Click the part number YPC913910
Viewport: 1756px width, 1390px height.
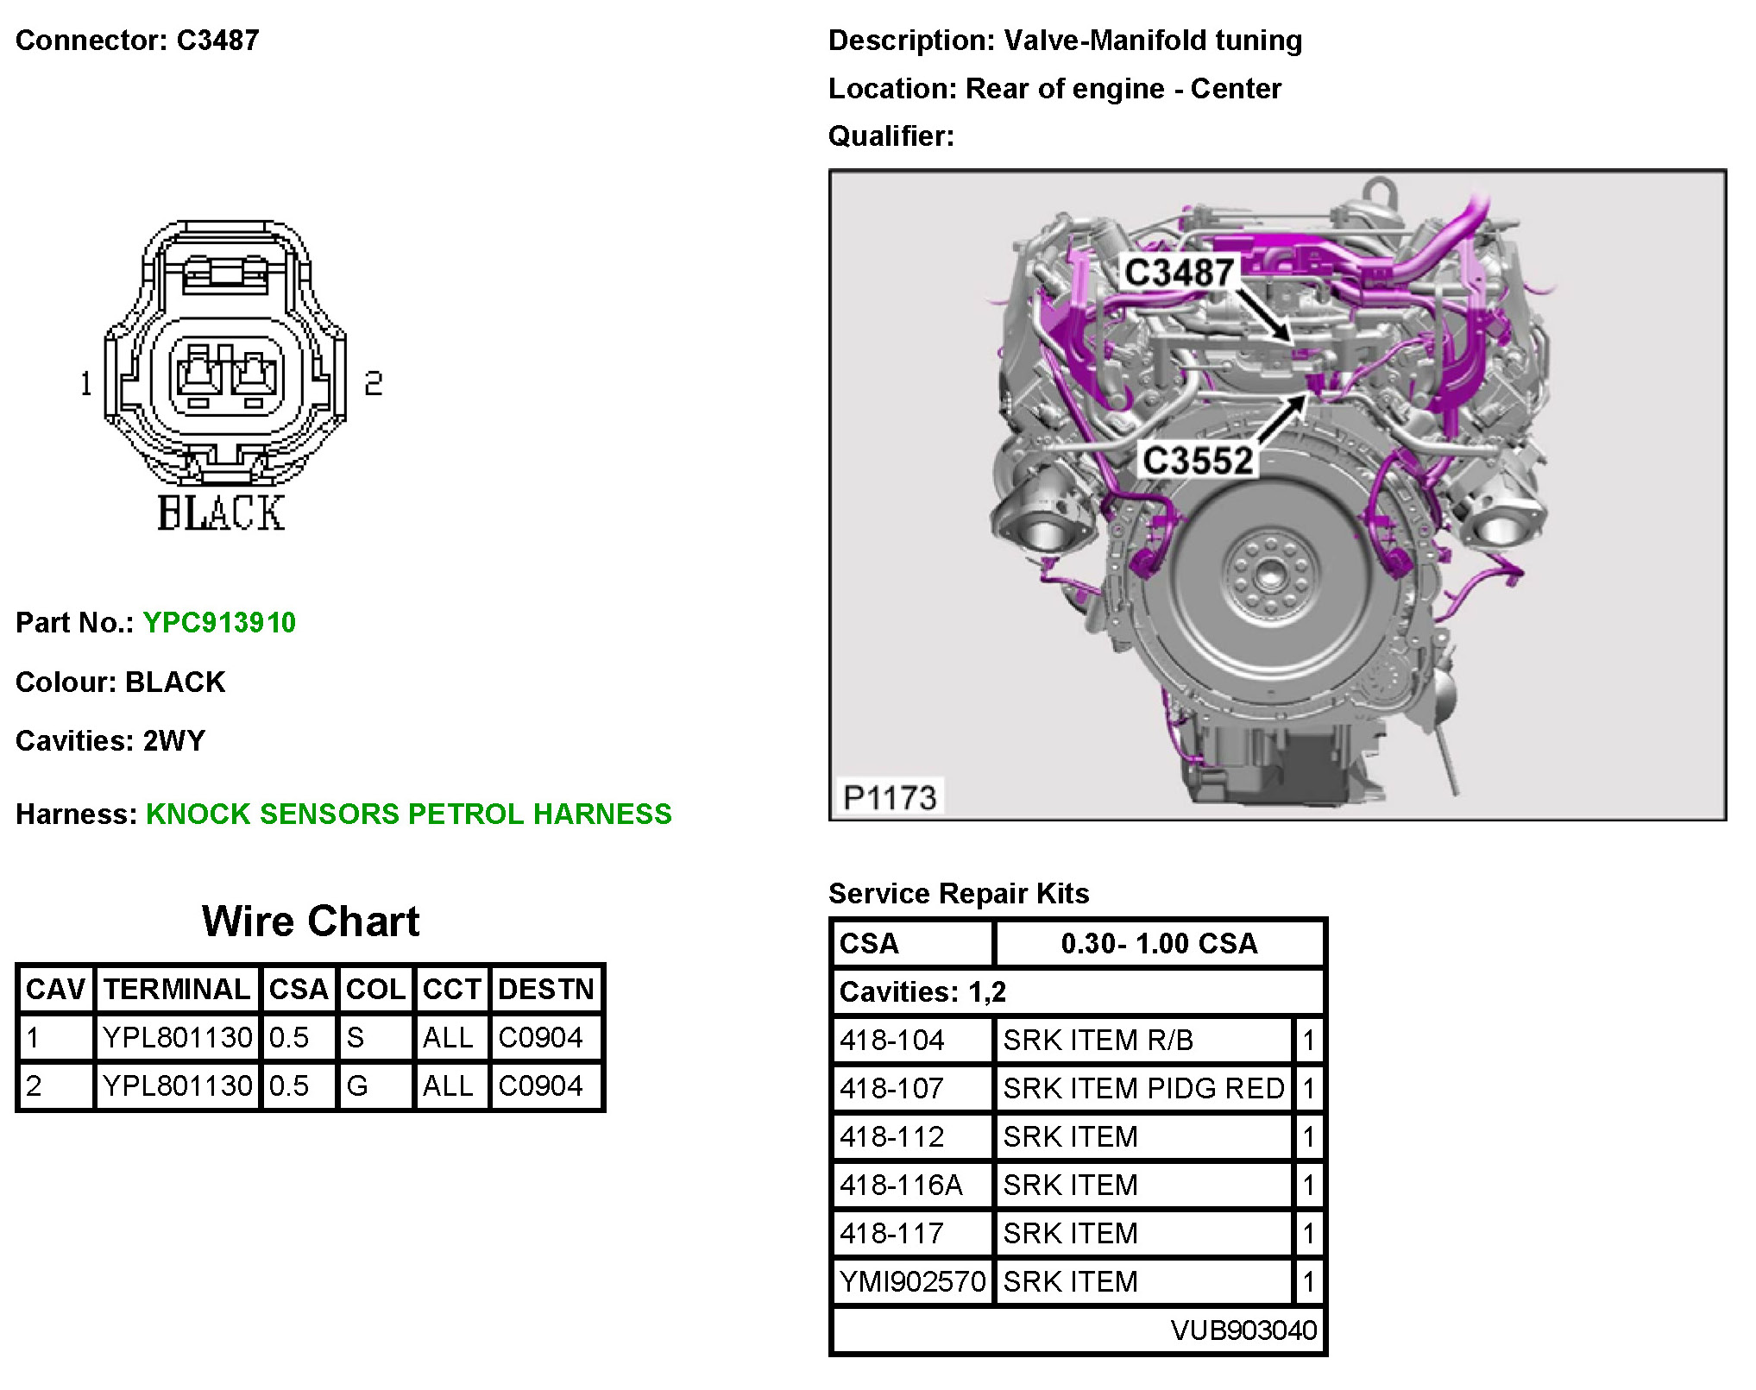[x=219, y=622]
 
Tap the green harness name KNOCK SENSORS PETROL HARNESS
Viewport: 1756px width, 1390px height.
[x=408, y=814]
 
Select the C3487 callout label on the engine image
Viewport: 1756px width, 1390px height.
[x=1179, y=273]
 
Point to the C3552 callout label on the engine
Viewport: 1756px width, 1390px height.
[x=1198, y=460]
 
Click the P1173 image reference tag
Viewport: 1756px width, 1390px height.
[x=890, y=797]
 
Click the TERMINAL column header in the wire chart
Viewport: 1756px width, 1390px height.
[x=177, y=989]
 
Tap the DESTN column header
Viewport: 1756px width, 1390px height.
[x=546, y=989]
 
